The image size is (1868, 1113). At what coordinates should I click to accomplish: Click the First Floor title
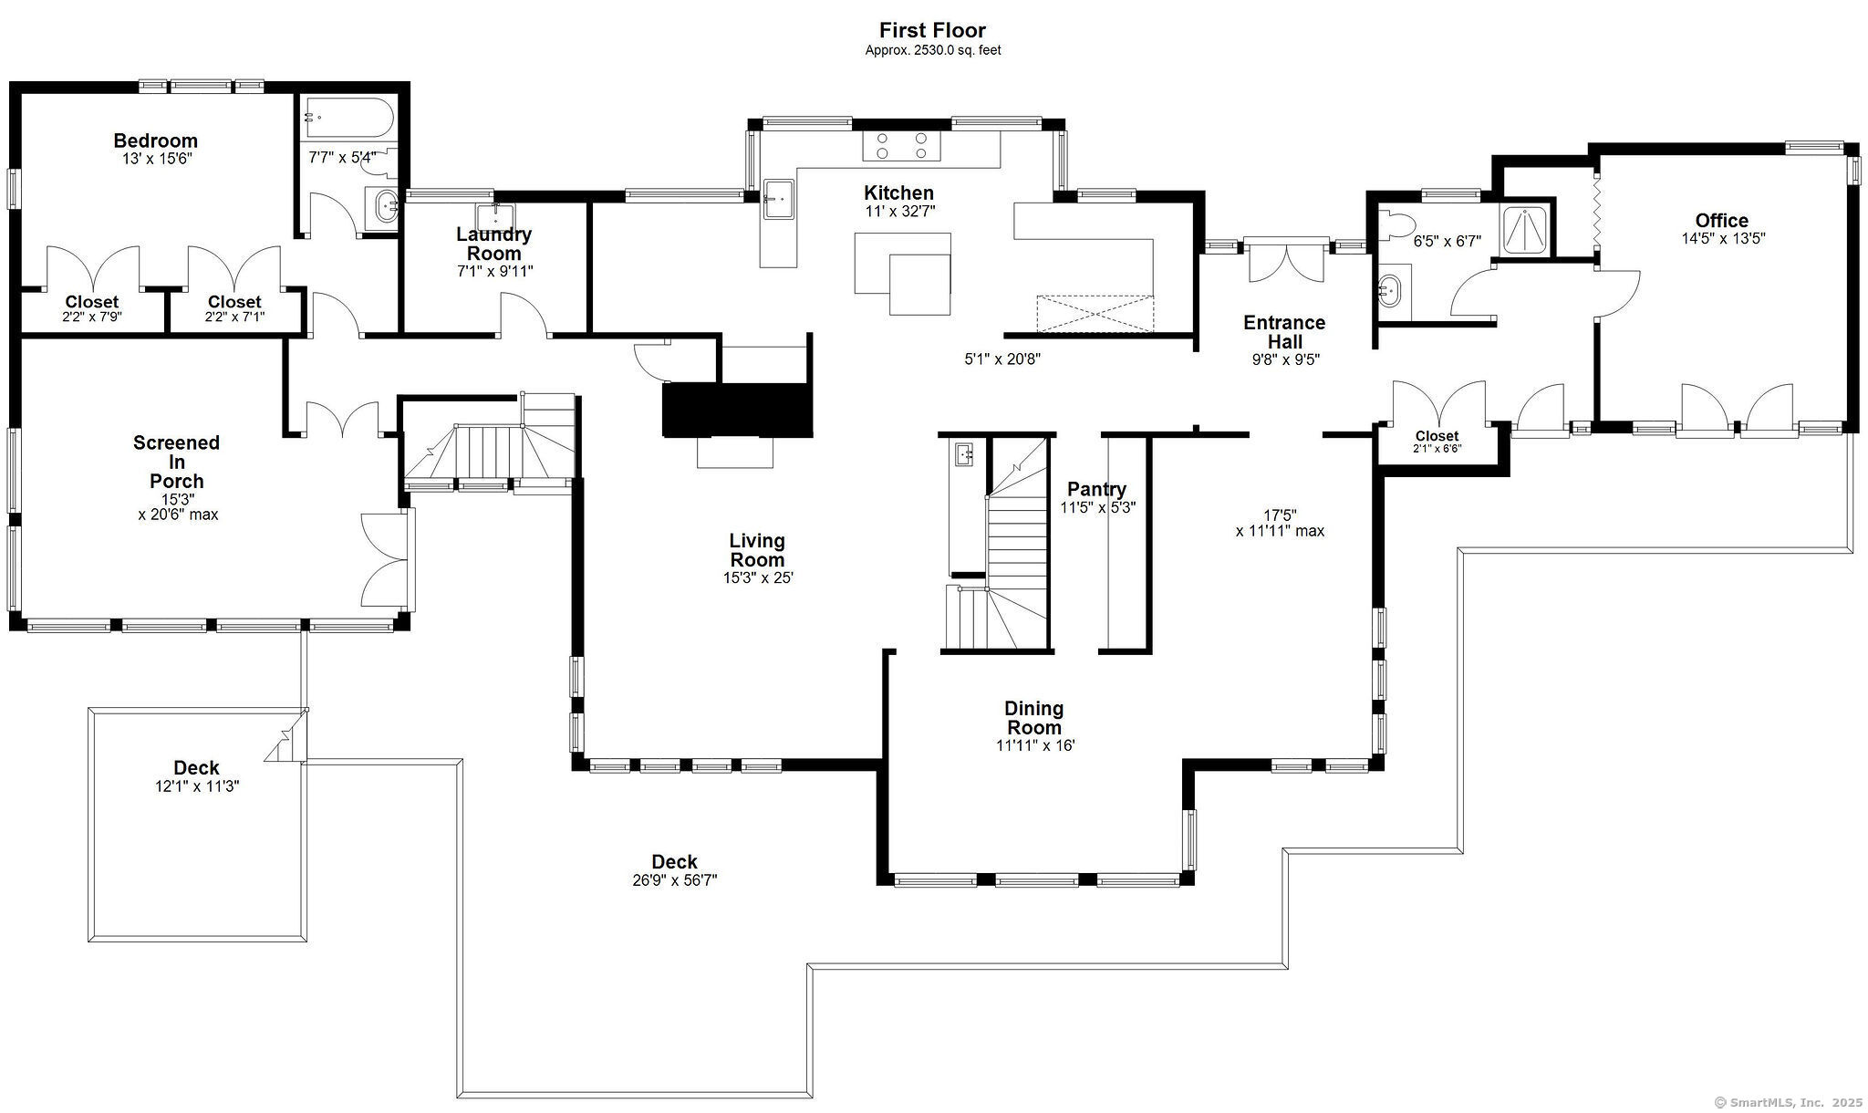pyautogui.click(x=932, y=31)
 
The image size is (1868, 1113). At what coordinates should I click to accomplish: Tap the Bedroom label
pyautogui.click(x=155, y=140)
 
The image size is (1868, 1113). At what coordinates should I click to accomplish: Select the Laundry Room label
pyautogui.click(x=493, y=244)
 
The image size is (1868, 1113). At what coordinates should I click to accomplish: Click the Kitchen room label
pyautogui.click(x=898, y=192)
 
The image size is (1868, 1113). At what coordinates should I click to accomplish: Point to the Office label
pyautogui.click(x=1722, y=220)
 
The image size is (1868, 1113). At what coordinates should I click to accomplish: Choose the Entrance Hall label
pyautogui.click(x=1284, y=332)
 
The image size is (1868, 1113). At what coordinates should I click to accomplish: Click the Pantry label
pyautogui.click(x=1096, y=489)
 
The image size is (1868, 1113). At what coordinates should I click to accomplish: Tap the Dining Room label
pyautogui.click(x=1033, y=718)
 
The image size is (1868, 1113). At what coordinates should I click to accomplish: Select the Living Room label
pyautogui.click(x=757, y=550)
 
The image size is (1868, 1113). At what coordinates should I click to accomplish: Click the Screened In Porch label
pyautogui.click(x=176, y=462)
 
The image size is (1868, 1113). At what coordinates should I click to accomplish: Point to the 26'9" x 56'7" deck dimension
pyautogui.click(x=675, y=880)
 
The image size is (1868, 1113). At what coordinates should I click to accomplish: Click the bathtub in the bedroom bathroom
pyautogui.click(x=348, y=118)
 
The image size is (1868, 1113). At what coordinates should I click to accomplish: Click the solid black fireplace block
pyautogui.click(x=737, y=410)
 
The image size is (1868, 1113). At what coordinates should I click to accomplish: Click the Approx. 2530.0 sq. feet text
pyautogui.click(x=933, y=51)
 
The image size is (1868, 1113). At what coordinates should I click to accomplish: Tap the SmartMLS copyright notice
pyautogui.click(x=1788, y=1102)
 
